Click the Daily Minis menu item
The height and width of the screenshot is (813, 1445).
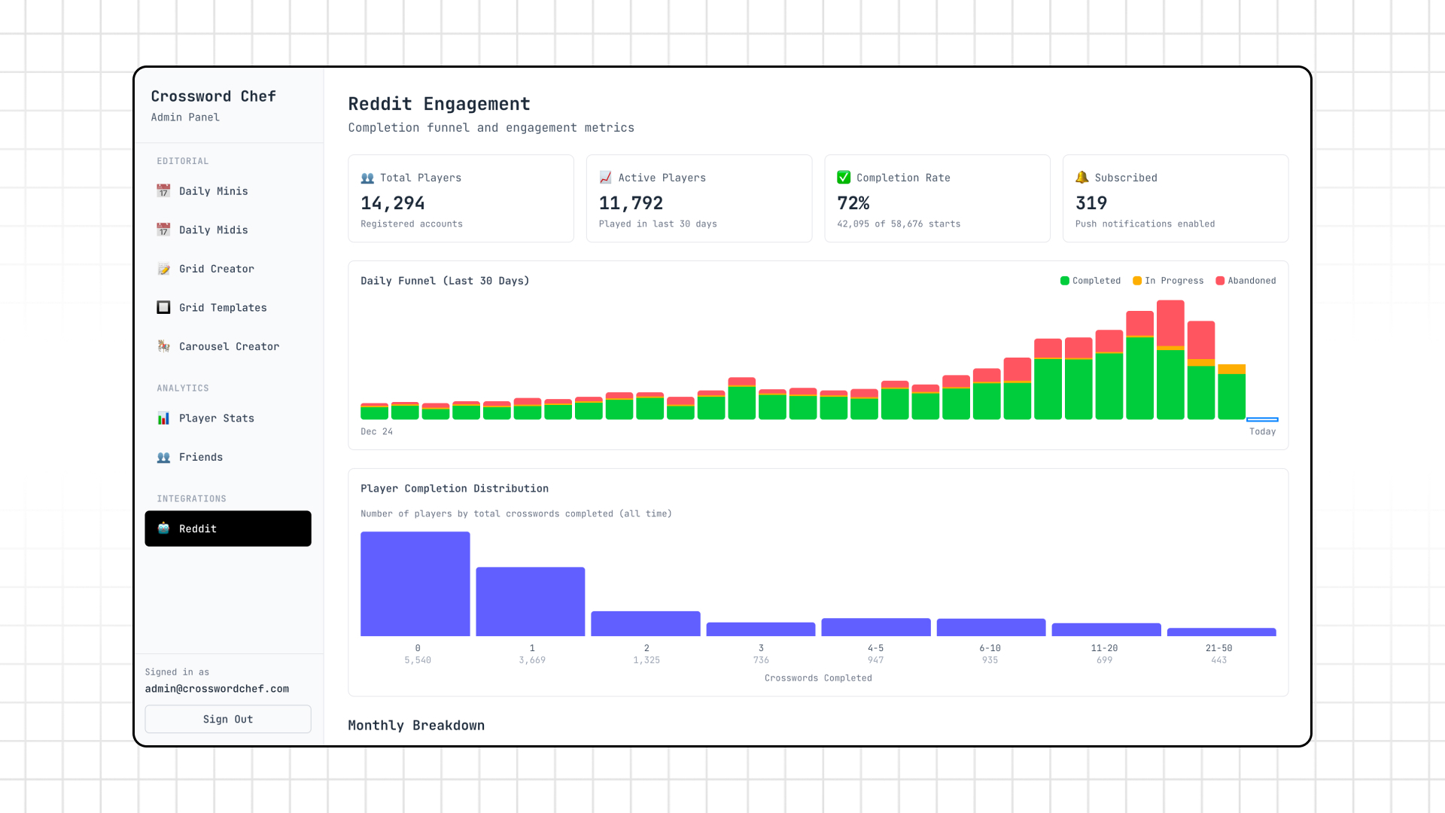(x=213, y=191)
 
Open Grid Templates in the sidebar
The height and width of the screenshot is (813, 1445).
(x=222, y=308)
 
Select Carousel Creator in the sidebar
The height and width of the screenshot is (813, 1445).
(x=228, y=346)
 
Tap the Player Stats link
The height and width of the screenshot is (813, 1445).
(x=216, y=419)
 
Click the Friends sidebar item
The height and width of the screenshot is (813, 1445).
(x=200, y=457)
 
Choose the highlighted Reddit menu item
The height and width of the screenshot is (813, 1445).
(x=227, y=528)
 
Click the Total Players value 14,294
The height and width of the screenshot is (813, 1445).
(x=392, y=203)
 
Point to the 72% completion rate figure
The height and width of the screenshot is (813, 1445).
(x=853, y=203)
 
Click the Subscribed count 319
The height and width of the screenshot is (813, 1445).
(x=1091, y=203)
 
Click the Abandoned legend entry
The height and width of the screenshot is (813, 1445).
(x=1246, y=281)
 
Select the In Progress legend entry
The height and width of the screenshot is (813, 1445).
(x=1168, y=281)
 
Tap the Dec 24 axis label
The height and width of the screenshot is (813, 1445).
(x=376, y=431)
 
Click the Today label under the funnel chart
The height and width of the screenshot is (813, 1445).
(x=1262, y=431)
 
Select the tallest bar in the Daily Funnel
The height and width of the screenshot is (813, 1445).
(x=1170, y=361)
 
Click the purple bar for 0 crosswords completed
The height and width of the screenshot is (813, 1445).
(x=415, y=584)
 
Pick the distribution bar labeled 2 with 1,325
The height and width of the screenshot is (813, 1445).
(x=645, y=623)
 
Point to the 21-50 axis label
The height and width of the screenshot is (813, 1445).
(x=1218, y=648)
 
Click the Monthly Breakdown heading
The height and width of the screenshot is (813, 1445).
(x=416, y=725)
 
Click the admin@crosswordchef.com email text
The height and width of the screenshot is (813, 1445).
(x=217, y=689)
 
